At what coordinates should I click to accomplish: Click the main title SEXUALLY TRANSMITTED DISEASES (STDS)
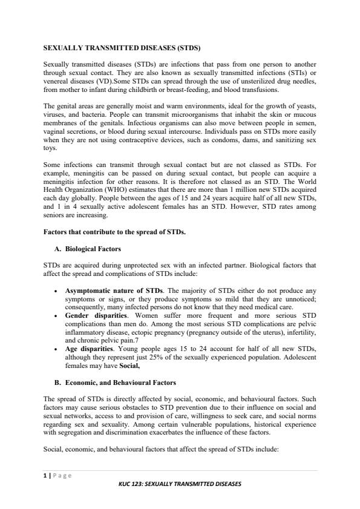click(x=122, y=47)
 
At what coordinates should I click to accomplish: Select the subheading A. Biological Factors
click(x=93, y=249)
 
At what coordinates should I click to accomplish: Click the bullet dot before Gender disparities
click(x=56, y=315)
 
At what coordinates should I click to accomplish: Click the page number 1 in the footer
click(x=45, y=476)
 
